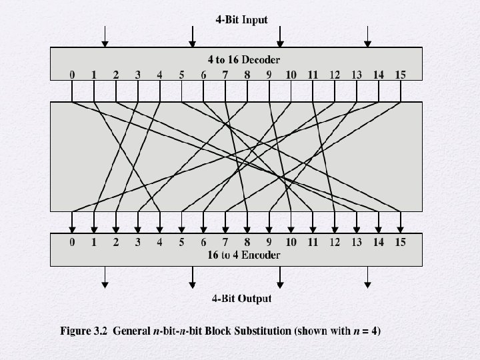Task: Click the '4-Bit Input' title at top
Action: (241, 20)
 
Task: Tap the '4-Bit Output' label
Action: (241, 299)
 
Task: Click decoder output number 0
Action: (72, 75)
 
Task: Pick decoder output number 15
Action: (400, 75)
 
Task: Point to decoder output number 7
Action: (225, 75)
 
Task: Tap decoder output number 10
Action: (291, 75)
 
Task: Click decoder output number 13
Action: (357, 75)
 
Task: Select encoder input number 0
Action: (72, 242)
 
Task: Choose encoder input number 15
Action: (400, 242)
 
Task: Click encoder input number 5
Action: (181, 242)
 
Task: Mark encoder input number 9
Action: (269, 242)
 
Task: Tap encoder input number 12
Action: (335, 242)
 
